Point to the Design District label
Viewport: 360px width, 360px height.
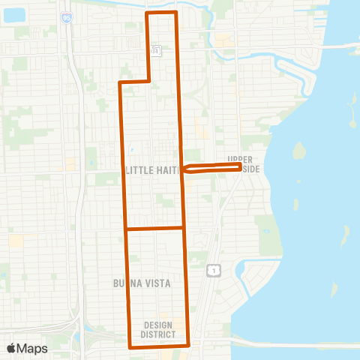pyautogui.click(x=157, y=329)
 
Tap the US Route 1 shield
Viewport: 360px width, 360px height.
pyautogui.click(x=214, y=268)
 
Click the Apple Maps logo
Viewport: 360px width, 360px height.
pyautogui.click(x=27, y=348)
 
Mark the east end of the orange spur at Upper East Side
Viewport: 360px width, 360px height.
pyautogui.click(x=240, y=167)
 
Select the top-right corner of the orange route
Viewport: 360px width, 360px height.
pyautogui.click(x=175, y=13)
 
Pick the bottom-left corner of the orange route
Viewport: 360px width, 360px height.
pyautogui.click(x=130, y=347)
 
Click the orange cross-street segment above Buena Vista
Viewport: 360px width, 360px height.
pyautogui.click(x=154, y=228)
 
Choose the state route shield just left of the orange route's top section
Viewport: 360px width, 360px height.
pyautogui.click(x=155, y=50)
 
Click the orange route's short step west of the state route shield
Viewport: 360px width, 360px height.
pyautogui.click(x=135, y=81)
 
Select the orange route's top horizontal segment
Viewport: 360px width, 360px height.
pyautogui.click(x=161, y=13)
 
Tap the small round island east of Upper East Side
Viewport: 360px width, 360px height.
pyautogui.click(x=298, y=151)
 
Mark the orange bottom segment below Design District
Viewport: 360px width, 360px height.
pyautogui.click(x=159, y=346)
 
